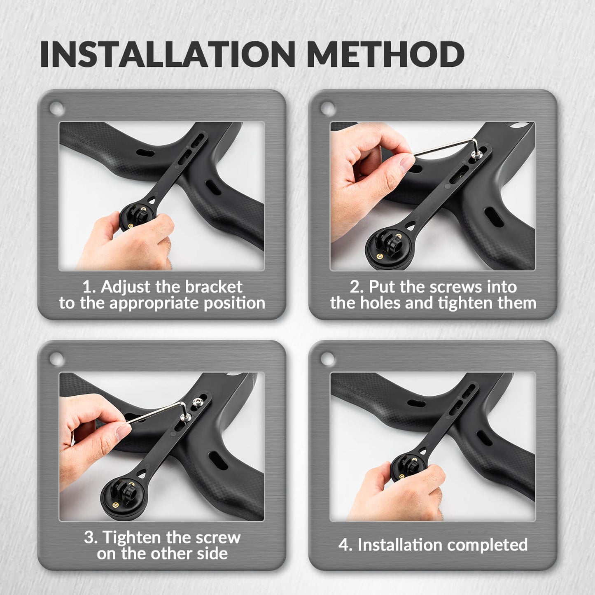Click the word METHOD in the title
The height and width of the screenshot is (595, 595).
click(385, 54)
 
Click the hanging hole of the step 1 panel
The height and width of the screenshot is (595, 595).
click(56, 109)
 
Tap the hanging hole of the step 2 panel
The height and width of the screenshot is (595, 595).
click(328, 109)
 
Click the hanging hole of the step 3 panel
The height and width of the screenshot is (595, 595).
click(56, 359)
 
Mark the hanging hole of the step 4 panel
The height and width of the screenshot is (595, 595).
click(328, 359)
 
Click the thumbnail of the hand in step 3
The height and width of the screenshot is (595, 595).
click(123, 432)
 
